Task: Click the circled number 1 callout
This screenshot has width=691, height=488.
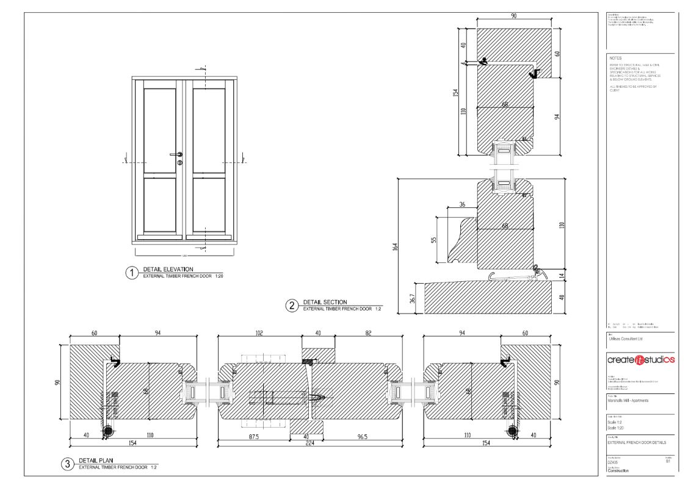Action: click(131, 273)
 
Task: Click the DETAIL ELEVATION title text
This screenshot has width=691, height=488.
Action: click(168, 269)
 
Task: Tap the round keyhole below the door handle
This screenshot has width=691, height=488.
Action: click(179, 163)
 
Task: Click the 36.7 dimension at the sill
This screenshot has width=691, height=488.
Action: click(413, 298)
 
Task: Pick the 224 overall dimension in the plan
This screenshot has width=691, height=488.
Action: click(310, 443)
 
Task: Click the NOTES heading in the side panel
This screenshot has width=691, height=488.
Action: click(615, 59)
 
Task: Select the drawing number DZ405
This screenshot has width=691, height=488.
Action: click(613, 462)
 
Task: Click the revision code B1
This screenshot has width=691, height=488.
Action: click(667, 462)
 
